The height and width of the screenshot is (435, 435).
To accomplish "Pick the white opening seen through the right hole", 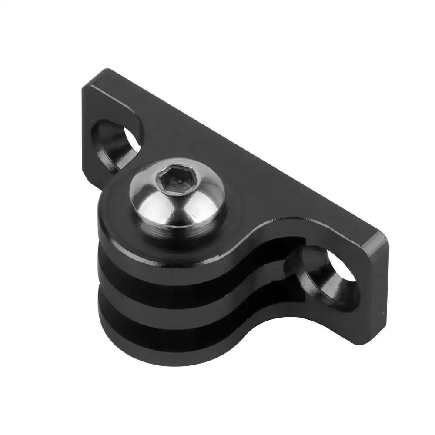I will [x=344, y=272].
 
